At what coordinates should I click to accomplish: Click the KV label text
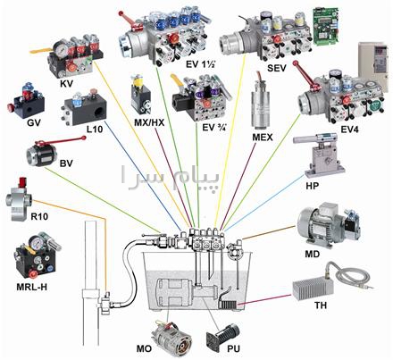point(66,84)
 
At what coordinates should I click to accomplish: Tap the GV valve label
point(33,122)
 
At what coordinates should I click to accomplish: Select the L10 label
point(95,130)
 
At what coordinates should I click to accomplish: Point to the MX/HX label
point(149,122)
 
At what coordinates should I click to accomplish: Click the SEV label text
point(277,68)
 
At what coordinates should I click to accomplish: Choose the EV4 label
point(350,130)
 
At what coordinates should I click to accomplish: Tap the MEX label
point(263,138)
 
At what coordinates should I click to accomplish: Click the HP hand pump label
point(312,186)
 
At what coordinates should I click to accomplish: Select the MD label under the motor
point(312,254)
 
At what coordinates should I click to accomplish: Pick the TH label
point(321,306)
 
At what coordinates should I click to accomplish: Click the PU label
point(233,348)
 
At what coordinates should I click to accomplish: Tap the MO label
point(144,348)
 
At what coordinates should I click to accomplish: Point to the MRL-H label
point(32,287)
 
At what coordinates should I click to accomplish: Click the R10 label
point(39,216)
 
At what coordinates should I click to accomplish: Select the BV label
point(66,163)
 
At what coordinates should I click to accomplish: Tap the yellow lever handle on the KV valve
point(41,51)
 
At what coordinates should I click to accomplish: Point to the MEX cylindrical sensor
point(261,105)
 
